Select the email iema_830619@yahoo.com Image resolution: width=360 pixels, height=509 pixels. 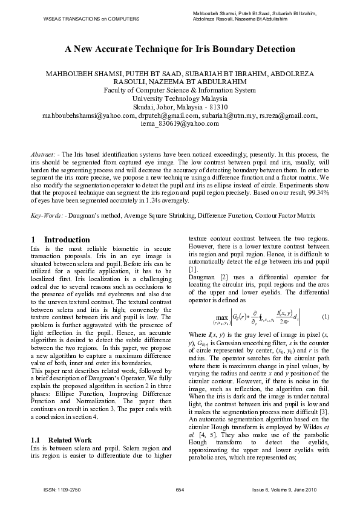tap(180, 123)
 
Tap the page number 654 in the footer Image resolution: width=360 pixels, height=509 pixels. tap(180, 489)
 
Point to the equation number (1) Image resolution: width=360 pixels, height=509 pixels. tap(326, 317)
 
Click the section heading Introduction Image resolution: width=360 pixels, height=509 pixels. tap(67, 240)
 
